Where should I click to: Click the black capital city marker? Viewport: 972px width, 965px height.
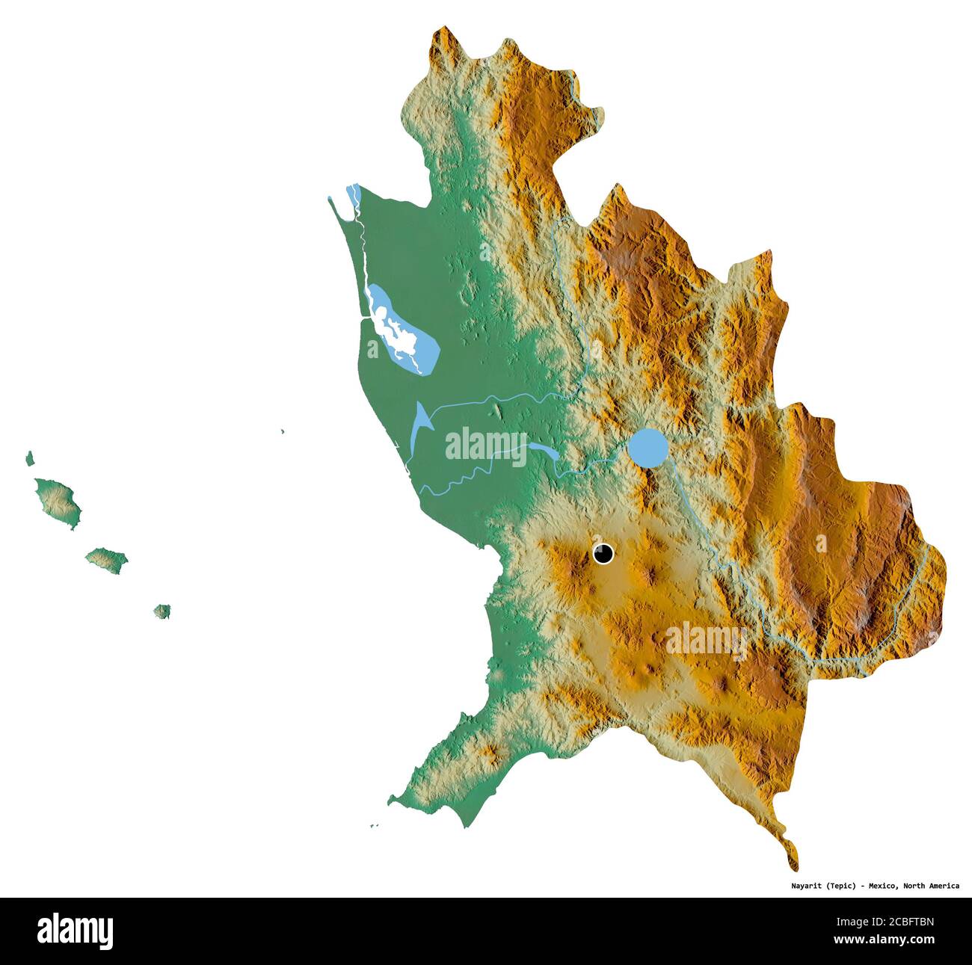[x=603, y=554]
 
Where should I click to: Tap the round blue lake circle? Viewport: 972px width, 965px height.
[x=648, y=447]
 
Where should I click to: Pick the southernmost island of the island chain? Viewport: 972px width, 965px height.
[x=162, y=611]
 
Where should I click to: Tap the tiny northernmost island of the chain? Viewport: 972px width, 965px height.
[x=30, y=458]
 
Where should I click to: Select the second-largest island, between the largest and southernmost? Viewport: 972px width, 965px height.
[x=106, y=559]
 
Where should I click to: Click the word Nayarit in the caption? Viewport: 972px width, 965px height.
[x=808, y=886]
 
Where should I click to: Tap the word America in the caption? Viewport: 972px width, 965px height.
[x=942, y=886]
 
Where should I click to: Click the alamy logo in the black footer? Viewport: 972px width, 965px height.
[x=75, y=931]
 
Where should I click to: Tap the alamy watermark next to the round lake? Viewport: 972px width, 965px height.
[x=487, y=445]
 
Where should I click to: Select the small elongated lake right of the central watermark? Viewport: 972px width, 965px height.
[x=543, y=451]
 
